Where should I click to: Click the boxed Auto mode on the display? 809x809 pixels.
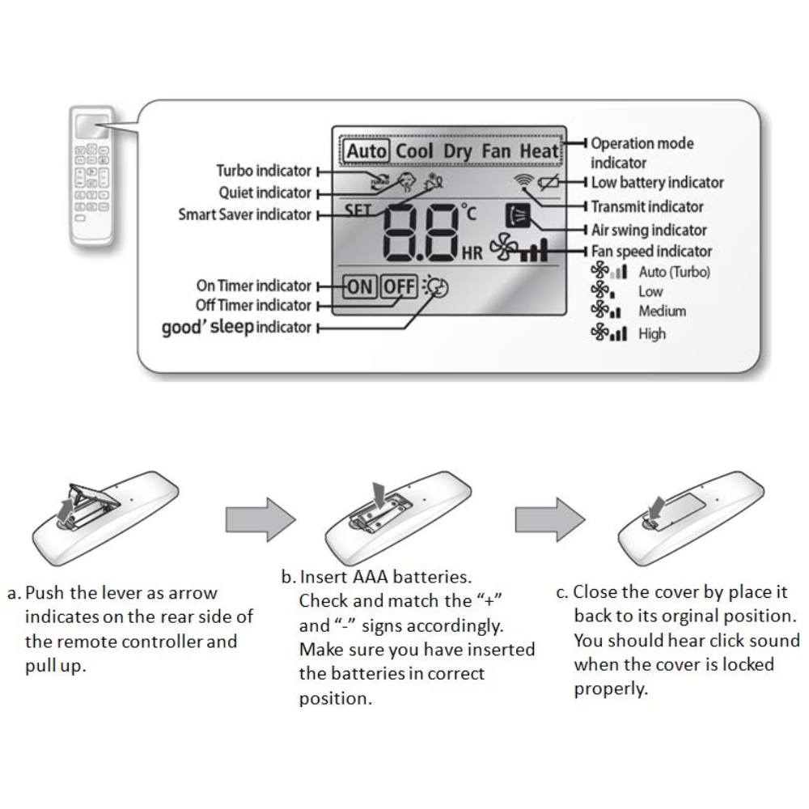[367, 151]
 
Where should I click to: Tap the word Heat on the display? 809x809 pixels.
[539, 151]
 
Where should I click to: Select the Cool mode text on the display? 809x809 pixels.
[415, 151]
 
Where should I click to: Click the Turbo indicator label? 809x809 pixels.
[264, 171]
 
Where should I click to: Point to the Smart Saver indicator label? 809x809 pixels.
[244, 214]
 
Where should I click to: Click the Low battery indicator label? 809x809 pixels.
[657, 183]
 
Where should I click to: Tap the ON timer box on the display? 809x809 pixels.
[359, 286]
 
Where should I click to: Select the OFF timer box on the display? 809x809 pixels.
[399, 286]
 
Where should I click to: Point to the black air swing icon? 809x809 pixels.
[515, 217]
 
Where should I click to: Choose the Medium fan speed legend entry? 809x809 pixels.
[662, 311]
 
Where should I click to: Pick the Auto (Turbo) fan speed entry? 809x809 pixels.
[674, 272]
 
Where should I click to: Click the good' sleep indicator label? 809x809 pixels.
[236, 327]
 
